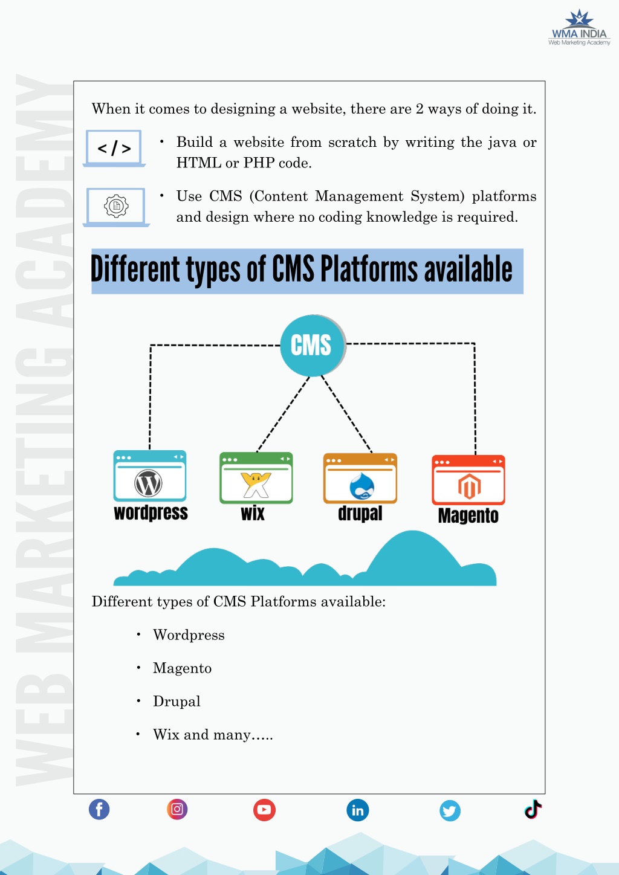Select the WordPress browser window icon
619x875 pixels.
coord(150,476)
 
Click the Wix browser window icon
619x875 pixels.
coord(256,478)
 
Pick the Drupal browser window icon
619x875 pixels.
coord(360,478)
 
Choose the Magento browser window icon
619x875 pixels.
coord(468,480)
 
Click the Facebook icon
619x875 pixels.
coord(99,809)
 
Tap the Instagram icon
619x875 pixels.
coord(177,809)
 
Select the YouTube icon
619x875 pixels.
coord(264,810)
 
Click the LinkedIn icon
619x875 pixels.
coord(358,810)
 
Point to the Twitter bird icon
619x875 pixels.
coord(450,811)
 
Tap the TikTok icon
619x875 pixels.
coord(533,809)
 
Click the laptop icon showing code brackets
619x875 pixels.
coord(114,149)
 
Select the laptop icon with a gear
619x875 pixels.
coord(116,207)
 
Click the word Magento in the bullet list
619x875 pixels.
coord(182,668)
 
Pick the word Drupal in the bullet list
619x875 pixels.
coord(177,702)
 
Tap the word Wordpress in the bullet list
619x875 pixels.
coord(189,635)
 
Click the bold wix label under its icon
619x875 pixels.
coord(253,513)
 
